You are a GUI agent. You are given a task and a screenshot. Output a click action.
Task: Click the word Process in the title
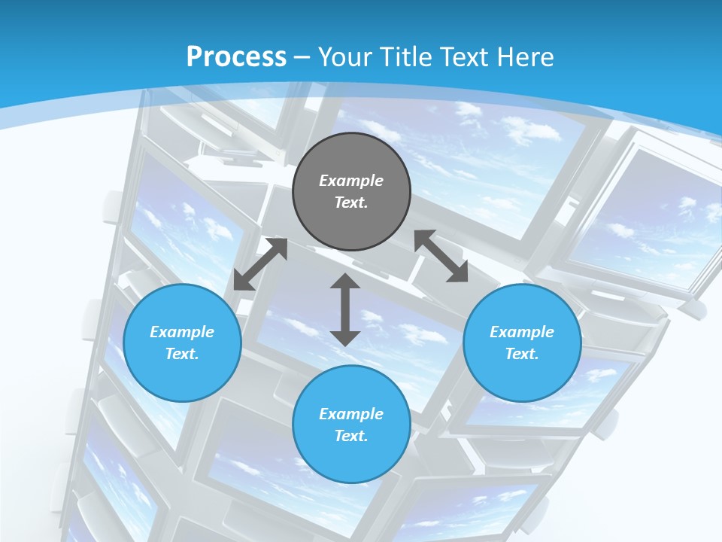pyautogui.click(x=236, y=57)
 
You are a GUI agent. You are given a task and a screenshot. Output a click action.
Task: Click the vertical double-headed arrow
pyautogui.click(x=345, y=309)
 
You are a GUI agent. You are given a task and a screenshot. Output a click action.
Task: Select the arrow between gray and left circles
pyautogui.click(x=260, y=264)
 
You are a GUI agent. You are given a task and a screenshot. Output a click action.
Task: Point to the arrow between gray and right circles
pyautogui.click(x=441, y=257)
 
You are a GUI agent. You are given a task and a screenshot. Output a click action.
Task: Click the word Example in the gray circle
pyautogui.click(x=351, y=181)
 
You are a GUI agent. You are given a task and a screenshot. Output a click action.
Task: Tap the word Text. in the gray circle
pyautogui.click(x=351, y=202)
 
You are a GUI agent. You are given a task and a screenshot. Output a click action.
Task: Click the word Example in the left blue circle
pyautogui.click(x=182, y=332)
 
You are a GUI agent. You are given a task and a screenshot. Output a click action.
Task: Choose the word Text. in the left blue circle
pyautogui.click(x=182, y=354)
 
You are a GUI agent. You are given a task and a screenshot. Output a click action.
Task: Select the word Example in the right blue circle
pyautogui.click(x=522, y=332)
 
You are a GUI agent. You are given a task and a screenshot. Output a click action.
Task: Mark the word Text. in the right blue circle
pyautogui.click(x=522, y=354)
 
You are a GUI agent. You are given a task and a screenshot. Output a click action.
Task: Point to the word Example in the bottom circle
pyautogui.click(x=351, y=414)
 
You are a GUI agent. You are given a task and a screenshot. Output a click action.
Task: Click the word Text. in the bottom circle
pyautogui.click(x=351, y=436)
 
